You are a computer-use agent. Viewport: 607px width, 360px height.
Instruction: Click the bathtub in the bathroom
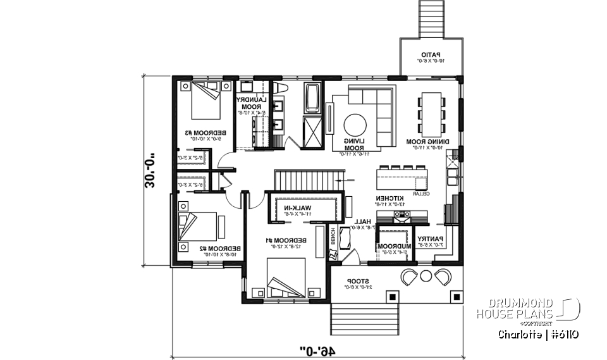click(x=312, y=98)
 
